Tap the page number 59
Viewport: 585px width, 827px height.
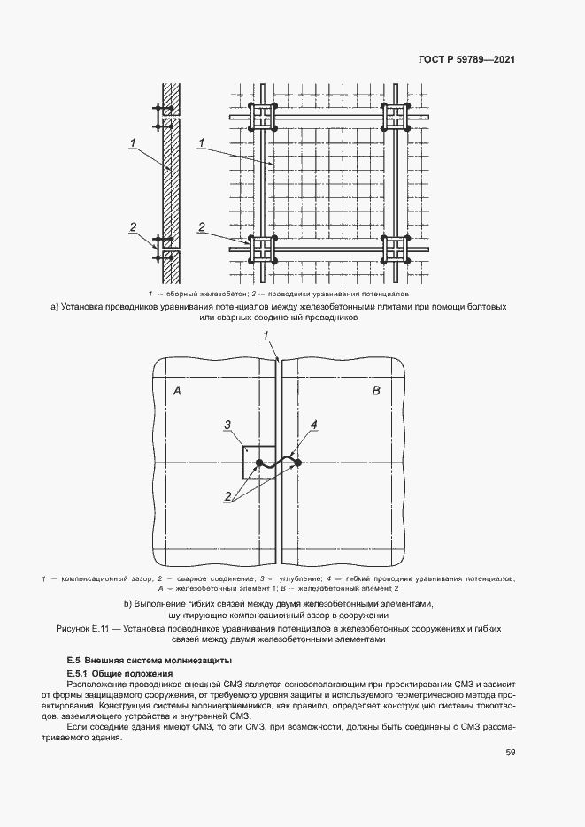tap(511, 753)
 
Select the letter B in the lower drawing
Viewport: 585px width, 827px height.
tap(375, 390)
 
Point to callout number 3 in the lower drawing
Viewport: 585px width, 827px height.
tap(227, 426)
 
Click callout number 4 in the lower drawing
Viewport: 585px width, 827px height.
tap(313, 426)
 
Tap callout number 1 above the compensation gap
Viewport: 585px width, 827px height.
tap(266, 333)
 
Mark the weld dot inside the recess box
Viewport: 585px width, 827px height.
tap(258, 463)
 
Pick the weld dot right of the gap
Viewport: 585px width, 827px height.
tap(298, 463)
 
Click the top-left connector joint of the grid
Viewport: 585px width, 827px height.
tap(264, 117)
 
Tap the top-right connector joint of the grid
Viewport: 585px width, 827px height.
tap(396, 117)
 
